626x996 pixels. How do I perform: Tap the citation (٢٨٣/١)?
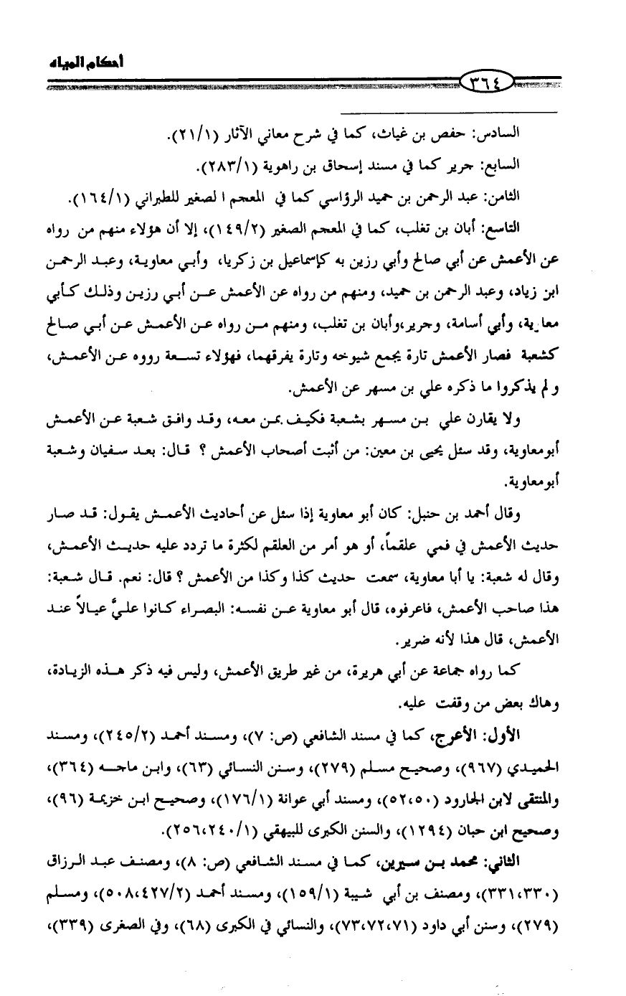[x=234, y=167]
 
